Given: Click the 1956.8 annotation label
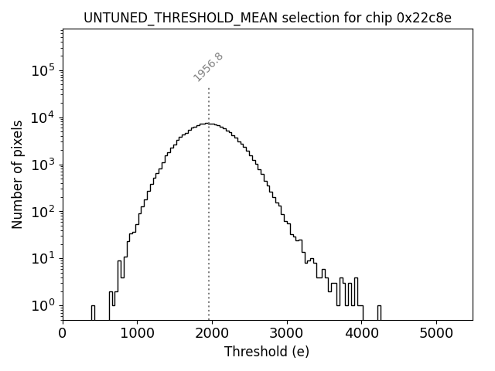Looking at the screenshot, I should coord(208,67).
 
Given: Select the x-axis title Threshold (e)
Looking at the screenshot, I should coord(267,352).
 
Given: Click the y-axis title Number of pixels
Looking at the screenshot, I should coord(17,174).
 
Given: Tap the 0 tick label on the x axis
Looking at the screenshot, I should coord(63,334).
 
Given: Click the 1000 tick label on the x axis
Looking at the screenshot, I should coord(137,334).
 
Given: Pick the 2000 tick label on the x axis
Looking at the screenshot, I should coord(212,334).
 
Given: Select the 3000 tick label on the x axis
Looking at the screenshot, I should coord(287,334).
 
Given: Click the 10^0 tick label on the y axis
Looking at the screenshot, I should coord(42,305).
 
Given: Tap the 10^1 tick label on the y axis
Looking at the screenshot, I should coord(42,258).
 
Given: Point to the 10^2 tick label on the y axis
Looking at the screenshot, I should coord(42,211).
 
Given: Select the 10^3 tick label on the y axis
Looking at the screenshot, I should coord(42,165).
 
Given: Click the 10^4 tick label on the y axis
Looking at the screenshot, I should coord(42,117).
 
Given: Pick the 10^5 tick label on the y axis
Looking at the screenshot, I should coord(42,71).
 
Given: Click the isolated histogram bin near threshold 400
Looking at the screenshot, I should coord(93,312).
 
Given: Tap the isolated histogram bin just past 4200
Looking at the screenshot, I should coord(379,312).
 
